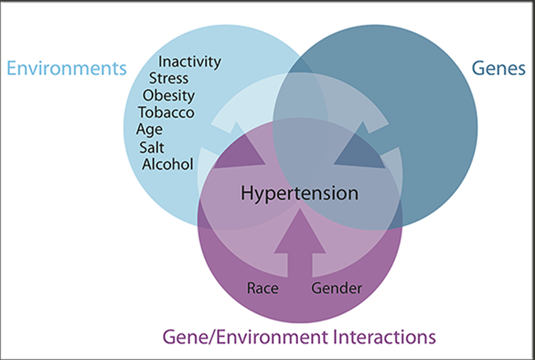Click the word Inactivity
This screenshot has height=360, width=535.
(189, 62)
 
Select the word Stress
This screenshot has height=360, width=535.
(169, 78)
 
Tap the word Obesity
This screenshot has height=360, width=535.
(169, 96)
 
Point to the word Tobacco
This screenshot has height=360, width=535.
(166, 112)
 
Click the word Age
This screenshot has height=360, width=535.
(150, 130)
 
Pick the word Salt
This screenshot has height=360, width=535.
(151, 147)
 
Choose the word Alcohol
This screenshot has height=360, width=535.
(168, 164)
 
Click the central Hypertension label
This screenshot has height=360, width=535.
(300, 194)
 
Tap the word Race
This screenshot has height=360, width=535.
(263, 288)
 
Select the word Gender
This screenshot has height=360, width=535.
(337, 288)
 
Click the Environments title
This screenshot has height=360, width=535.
(67, 68)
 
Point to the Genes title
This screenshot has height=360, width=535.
(499, 68)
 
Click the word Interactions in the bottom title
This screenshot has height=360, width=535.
(384, 337)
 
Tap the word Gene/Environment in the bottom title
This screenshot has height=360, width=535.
(245, 337)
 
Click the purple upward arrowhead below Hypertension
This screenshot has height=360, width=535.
(300, 231)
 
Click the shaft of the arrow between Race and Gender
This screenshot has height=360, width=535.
(300, 265)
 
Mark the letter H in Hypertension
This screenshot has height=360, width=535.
(247, 193)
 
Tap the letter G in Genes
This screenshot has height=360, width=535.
(478, 68)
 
